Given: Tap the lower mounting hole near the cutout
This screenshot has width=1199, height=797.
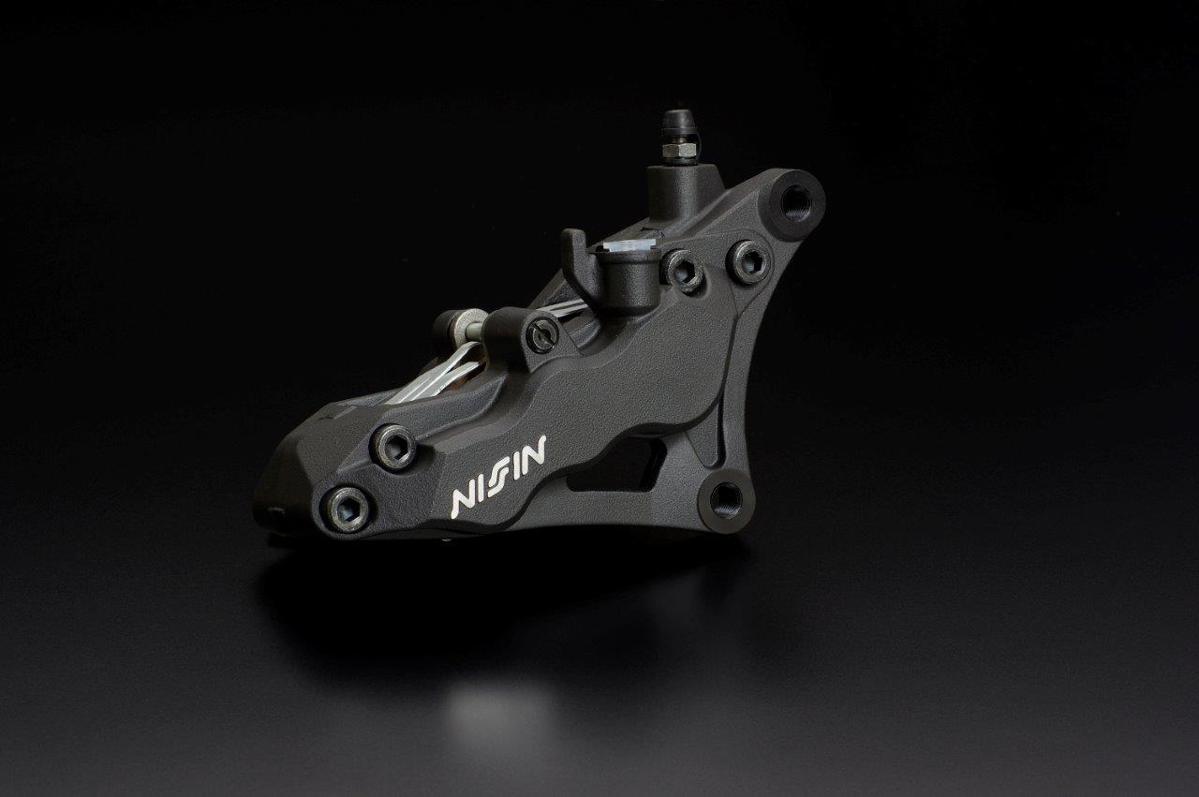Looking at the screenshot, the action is pos(725,499).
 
